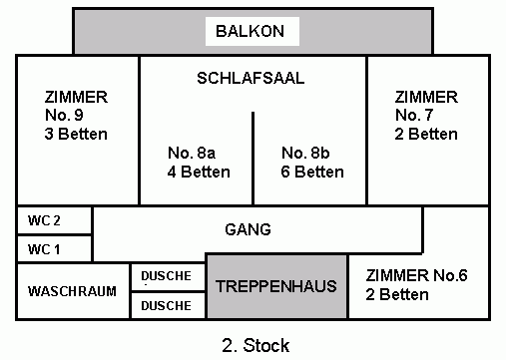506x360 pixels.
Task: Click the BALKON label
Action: click(x=250, y=31)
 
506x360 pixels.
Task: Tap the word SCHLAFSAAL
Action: click(x=251, y=78)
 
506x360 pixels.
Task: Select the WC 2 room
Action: click(x=54, y=220)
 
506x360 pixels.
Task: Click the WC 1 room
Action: click(x=54, y=249)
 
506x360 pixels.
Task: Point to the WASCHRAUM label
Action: click(x=72, y=291)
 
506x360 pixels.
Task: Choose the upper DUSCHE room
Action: click(x=168, y=276)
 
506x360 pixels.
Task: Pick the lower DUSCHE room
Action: click(x=168, y=305)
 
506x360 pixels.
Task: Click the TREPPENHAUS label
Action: click(x=276, y=286)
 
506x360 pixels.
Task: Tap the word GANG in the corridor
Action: click(x=248, y=229)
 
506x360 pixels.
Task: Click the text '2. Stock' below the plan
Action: click(x=255, y=345)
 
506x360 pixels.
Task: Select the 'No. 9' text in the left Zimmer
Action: click(x=64, y=115)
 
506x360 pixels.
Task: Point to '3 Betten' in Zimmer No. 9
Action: click(x=76, y=134)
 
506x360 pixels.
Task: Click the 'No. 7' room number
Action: click(x=414, y=115)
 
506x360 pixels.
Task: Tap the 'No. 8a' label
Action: click(x=192, y=153)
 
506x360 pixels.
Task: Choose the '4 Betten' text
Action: click(x=199, y=172)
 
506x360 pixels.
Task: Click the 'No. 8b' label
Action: click(x=305, y=153)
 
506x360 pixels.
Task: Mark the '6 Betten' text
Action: click(x=312, y=172)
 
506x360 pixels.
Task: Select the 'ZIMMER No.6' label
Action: click(x=416, y=275)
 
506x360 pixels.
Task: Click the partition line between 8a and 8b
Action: click(x=253, y=159)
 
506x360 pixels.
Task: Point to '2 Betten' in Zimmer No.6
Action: click(x=397, y=294)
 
